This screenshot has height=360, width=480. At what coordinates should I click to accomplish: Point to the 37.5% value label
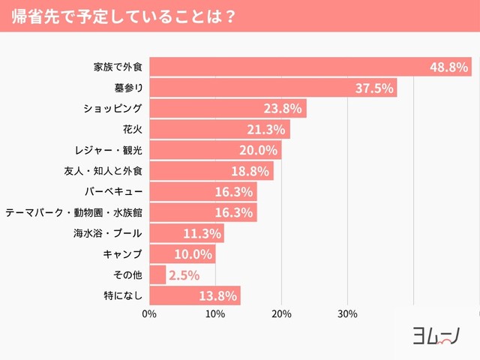tap(374, 88)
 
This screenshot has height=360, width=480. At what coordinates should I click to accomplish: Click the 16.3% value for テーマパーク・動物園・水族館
tap(234, 212)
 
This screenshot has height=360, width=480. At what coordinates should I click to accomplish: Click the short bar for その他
tap(157, 274)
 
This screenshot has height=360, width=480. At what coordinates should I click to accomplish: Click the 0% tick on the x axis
tap(148, 313)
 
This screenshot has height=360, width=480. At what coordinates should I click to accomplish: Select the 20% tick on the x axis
tap(281, 313)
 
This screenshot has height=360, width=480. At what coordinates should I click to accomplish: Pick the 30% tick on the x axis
tap(347, 313)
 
